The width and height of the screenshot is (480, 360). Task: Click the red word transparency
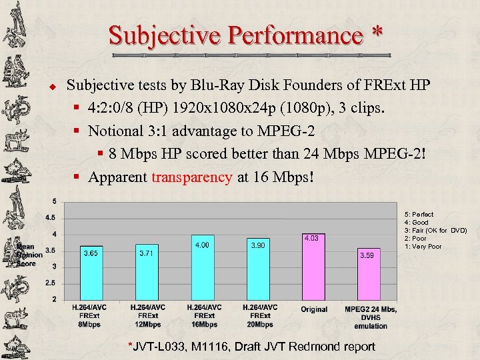[192, 177]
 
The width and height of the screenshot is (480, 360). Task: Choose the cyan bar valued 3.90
[258, 270]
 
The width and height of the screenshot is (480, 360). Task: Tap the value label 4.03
[311, 238]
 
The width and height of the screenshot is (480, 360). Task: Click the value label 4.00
[201, 245]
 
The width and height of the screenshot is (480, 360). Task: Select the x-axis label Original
[314, 309]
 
